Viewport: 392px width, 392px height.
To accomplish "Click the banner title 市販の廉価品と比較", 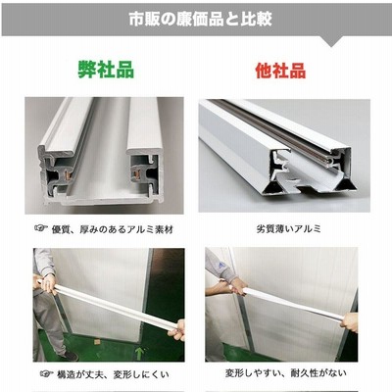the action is [200, 19].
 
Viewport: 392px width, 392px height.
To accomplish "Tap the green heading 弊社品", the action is [106, 70].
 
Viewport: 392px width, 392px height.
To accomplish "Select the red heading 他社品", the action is [280, 70].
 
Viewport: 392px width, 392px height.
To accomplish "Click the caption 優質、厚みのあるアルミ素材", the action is [113, 229].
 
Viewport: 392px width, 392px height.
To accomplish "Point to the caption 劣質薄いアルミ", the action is [289, 228].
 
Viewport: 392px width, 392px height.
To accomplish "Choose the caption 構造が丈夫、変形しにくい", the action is [113, 374].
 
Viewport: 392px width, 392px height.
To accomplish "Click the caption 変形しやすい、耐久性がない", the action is [286, 372].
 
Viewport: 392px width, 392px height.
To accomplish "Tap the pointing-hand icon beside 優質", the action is [41, 228].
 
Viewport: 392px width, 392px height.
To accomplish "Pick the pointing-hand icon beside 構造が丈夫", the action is [47, 373].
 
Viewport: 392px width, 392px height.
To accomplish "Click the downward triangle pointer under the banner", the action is [331, 41].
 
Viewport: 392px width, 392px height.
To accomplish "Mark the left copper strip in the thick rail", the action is [69, 175].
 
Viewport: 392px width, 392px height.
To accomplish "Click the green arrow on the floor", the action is [139, 353].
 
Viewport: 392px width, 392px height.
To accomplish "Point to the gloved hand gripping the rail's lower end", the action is [176, 330].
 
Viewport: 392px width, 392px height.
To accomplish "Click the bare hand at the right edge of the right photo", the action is [349, 322].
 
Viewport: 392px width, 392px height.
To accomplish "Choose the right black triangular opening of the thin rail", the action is [346, 185].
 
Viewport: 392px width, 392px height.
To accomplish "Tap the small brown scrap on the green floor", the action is [97, 342].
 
